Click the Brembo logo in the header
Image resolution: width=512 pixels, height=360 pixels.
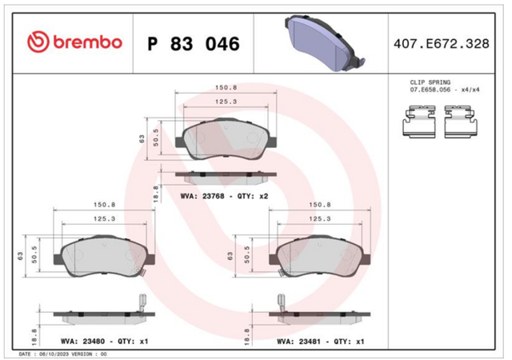(74, 42)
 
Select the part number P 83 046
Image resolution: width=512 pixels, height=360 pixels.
(194, 44)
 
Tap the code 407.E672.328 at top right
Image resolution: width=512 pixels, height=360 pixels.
(442, 44)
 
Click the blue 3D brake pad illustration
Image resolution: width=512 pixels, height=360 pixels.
(324, 43)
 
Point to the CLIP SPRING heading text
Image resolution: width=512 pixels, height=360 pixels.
(430, 82)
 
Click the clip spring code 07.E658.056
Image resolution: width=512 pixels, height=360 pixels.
(430, 90)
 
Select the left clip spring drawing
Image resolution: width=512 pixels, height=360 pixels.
(419, 121)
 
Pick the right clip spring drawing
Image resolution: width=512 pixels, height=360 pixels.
(462, 121)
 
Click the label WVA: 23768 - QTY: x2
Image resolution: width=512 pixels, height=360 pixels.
(224, 196)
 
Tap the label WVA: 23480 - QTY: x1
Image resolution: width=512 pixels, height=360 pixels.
(105, 342)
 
